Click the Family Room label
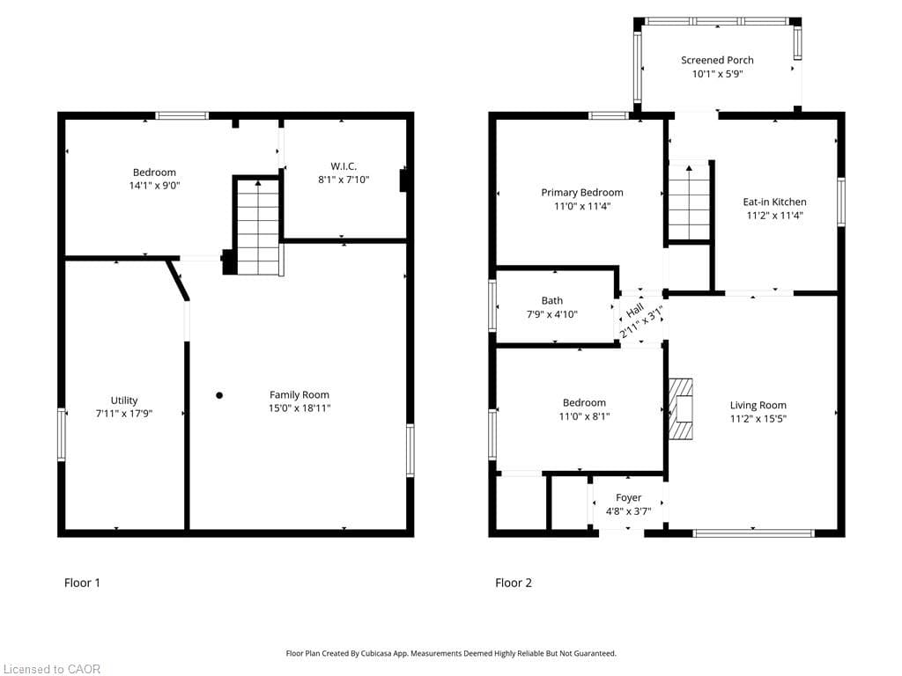pos(299,395)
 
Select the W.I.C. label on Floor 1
pos(344,166)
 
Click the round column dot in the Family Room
pos(219,395)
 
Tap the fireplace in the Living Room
pos(681,408)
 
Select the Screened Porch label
pos(717,61)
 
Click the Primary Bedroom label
pos(582,193)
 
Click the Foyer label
pos(628,498)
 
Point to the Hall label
pos(634,312)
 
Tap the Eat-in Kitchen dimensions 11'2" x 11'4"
pos(774,215)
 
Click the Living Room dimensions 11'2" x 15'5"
pos(758,419)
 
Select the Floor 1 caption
pos(83,583)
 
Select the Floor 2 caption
pos(514,583)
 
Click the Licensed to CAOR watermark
pos(51,669)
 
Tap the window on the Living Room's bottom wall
pos(753,533)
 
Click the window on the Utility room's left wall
pos(62,434)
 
